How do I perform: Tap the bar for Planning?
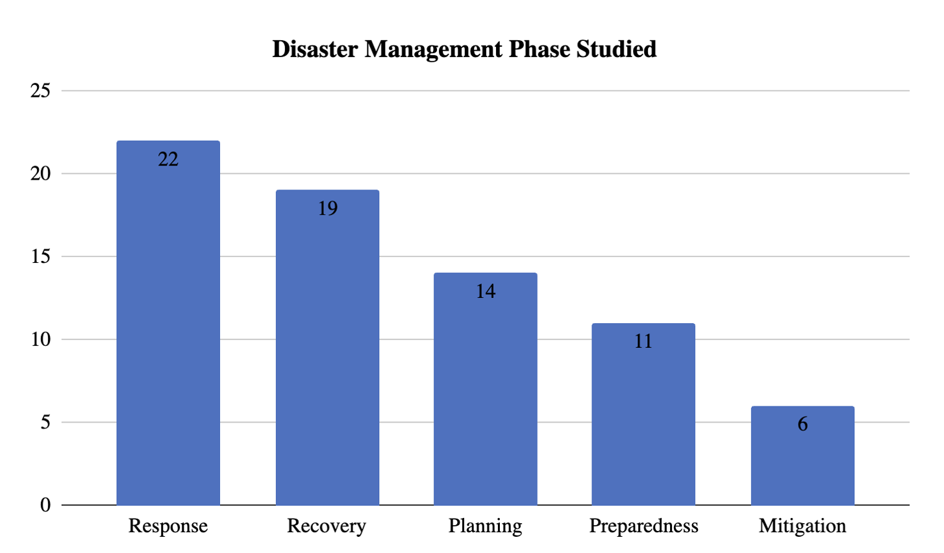click(x=486, y=389)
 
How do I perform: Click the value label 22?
click(x=168, y=159)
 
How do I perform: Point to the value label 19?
click(x=327, y=208)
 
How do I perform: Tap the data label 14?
click(x=486, y=291)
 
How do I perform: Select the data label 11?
click(x=643, y=341)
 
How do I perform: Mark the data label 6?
click(x=802, y=424)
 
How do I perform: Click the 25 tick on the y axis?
click(x=40, y=91)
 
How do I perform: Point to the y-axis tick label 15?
click(x=40, y=256)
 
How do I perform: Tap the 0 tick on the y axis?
click(x=45, y=505)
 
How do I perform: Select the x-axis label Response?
click(x=168, y=526)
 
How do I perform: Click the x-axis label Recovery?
click(x=327, y=526)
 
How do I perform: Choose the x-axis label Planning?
click(x=485, y=526)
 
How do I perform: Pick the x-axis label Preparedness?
click(x=643, y=526)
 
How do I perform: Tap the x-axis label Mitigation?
click(x=802, y=526)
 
